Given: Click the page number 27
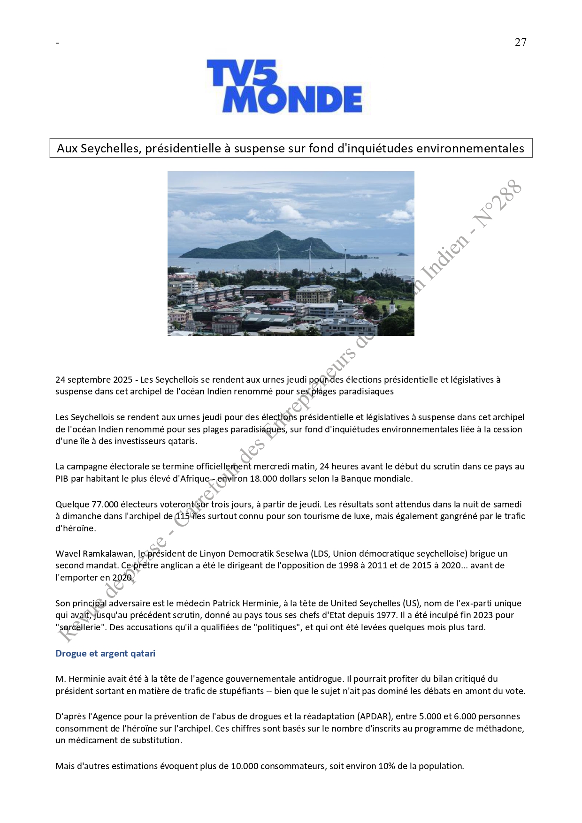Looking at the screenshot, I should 521,42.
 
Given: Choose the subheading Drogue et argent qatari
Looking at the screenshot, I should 105,654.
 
